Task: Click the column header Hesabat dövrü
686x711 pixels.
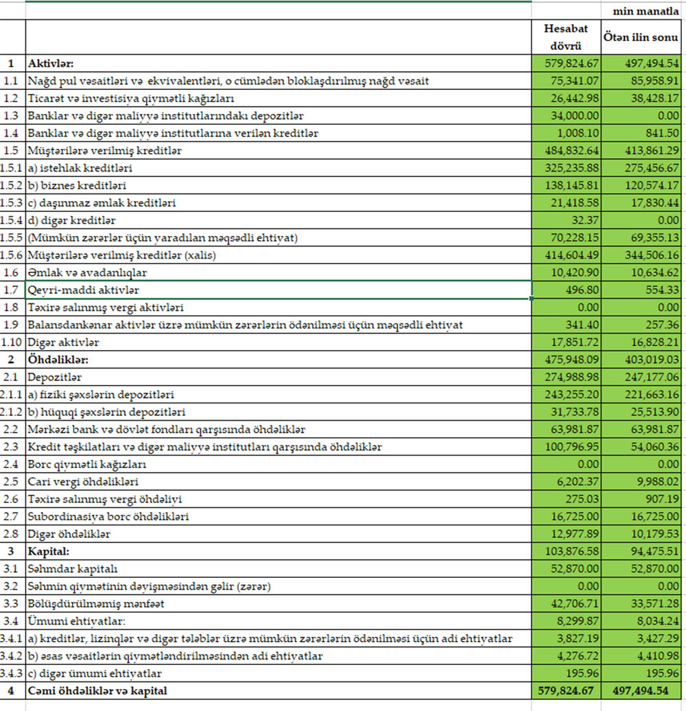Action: click(566, 38)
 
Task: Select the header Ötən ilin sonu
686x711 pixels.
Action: click(641, 38)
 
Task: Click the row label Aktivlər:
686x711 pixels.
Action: click(49, 64)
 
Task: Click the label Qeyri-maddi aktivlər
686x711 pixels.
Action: click(84, 290)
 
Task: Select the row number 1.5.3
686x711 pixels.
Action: click(12, 203)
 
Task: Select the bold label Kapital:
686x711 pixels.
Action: click(47, 552)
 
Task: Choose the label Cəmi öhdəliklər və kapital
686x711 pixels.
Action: click(97, 690)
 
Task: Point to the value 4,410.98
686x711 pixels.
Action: click(654, 656)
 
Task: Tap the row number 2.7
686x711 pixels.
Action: click(12, 517)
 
